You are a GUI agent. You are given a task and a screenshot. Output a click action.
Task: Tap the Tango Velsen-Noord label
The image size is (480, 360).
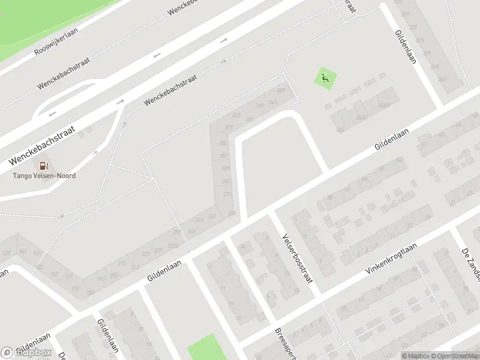(44, 176)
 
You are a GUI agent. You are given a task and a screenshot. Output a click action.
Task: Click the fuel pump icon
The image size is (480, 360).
(44, 166)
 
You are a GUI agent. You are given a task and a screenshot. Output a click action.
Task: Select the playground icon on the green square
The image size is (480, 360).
(325, 78)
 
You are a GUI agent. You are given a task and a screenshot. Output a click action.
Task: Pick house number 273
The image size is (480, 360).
(227, 194)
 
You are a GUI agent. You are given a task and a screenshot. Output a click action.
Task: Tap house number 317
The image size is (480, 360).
(228, 127)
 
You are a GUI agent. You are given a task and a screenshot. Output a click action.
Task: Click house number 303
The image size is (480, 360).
(223, 143)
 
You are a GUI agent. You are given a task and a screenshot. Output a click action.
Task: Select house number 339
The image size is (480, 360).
(260, 106)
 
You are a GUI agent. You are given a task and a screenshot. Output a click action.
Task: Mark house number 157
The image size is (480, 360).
(54, 274)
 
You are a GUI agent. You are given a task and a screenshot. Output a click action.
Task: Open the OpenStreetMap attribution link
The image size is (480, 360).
(455, 356)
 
